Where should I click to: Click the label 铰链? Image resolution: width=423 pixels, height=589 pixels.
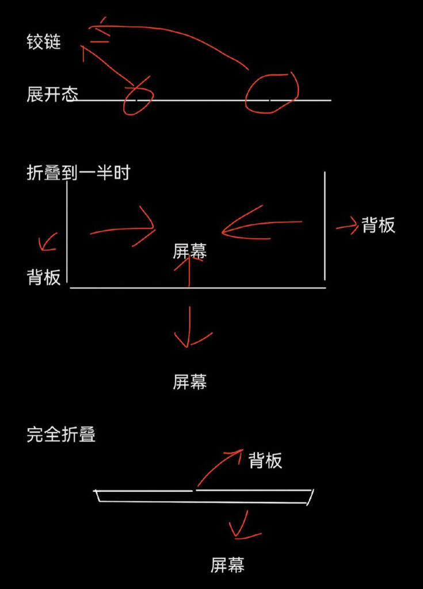point(44,41)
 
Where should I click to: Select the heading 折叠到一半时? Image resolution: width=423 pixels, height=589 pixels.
point(79,173)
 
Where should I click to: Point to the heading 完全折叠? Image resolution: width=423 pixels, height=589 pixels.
point(61,435)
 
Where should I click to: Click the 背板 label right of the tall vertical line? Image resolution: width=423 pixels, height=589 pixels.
point(378,225)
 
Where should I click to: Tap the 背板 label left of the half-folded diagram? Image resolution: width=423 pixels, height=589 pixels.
point(44,277)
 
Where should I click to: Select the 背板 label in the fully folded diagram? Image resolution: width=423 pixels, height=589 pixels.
point(265,460)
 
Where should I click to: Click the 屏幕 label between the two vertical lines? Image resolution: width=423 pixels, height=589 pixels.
point(190,251)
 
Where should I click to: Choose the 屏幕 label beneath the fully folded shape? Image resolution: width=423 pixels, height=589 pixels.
point(227,565)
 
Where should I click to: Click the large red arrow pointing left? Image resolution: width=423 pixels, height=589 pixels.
point(260,223)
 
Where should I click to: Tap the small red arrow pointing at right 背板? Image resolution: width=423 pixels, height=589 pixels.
point(346,227)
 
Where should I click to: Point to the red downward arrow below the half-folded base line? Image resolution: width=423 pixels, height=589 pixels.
point(189,327)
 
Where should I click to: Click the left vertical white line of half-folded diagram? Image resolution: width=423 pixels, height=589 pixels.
point(67,231)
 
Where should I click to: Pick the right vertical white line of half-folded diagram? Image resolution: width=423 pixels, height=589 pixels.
point(325,225)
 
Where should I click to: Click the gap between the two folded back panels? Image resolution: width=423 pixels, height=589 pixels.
point(195,490)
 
